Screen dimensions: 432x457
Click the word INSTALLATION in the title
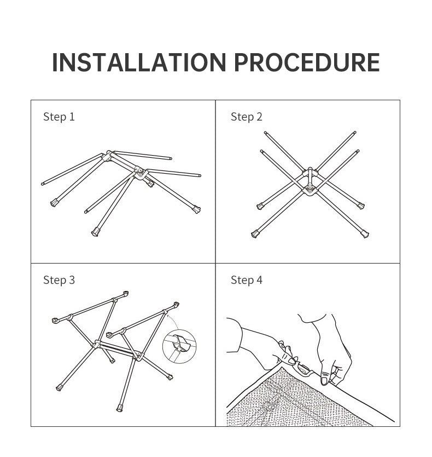pos(139,62)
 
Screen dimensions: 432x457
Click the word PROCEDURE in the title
pos(307,62)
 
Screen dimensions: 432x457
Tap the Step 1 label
pos(59,117)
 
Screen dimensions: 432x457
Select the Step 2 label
pos(247,117)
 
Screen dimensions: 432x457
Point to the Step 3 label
pos(59,280)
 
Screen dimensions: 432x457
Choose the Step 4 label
pos(247,280)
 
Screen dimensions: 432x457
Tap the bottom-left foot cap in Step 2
pos(255,234)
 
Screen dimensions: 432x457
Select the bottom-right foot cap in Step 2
pos(365,234)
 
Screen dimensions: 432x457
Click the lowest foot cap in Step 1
pos(95,232)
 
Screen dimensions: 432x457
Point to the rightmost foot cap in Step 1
pos(197,209)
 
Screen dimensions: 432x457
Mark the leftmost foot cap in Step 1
pos(54,203)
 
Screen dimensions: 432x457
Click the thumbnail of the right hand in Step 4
pos(324,380)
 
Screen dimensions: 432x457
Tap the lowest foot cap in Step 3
pos(120,408)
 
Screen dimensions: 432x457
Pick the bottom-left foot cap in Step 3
pos(60,387)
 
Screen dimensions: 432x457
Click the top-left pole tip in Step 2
pos(265,133)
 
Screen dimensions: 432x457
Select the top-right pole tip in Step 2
pos(354,133)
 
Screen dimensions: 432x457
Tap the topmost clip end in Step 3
pos(126,294)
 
